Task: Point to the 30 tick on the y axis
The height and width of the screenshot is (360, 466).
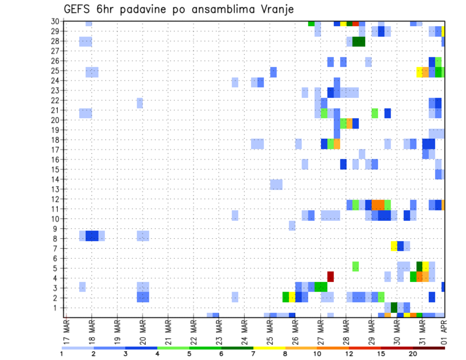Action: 55,21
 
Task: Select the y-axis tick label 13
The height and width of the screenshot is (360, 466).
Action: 55,189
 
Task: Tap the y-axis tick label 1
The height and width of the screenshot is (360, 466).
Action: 57,308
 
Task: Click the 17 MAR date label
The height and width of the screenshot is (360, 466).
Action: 66,332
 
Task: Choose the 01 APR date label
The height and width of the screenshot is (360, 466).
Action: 443,332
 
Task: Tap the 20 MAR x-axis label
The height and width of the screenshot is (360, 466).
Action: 143,332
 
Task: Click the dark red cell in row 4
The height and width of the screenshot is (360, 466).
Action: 331,277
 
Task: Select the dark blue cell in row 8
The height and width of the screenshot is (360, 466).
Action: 92,236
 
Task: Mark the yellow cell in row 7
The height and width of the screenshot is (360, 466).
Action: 394,246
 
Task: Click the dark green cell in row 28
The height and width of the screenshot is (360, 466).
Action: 359,41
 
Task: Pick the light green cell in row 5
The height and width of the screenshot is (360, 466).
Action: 356,266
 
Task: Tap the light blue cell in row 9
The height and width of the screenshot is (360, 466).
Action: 292,226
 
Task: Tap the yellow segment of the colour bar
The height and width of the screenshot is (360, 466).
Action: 269,348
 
